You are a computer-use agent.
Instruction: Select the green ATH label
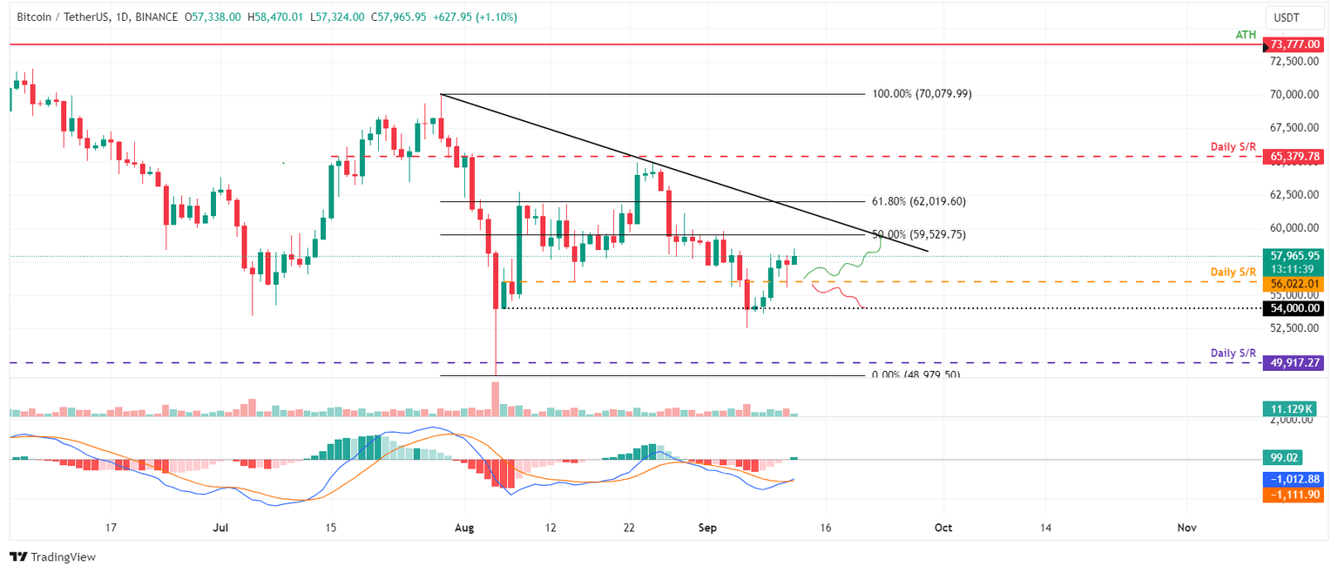point(1246,35)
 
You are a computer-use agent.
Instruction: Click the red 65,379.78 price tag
point(1296,157)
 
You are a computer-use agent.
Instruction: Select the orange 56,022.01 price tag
point(1296,283)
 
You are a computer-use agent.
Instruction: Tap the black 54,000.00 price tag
point(1296,308)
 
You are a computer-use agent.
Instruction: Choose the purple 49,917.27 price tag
point(1296,362)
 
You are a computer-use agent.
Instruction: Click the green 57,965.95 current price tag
point(1296,256)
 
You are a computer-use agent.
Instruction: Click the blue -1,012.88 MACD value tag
point(1296,479)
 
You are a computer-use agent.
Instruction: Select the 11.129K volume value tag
point(1296,408)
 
